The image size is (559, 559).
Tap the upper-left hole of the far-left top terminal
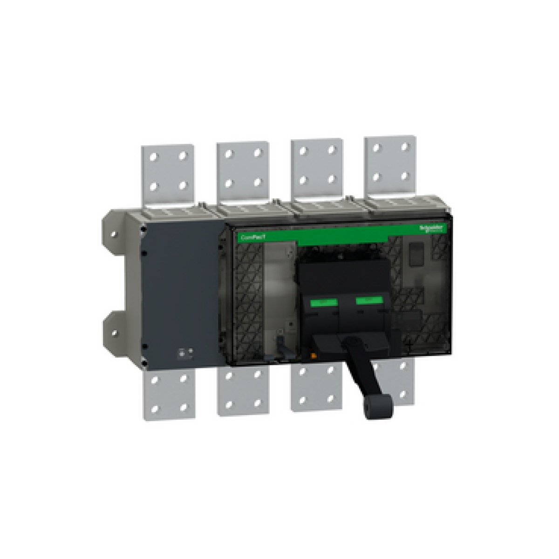coord(154,156)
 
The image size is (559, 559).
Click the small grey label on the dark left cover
coord(186,354)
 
